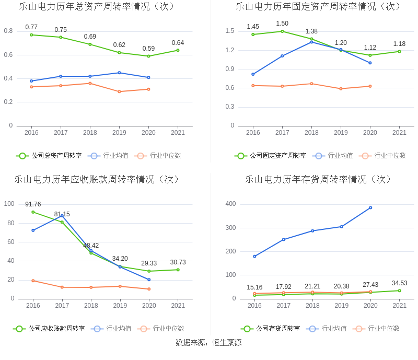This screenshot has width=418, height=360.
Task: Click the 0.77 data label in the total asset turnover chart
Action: (x=31, y=27)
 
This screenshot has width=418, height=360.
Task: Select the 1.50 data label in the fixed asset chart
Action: (x=282, y=24)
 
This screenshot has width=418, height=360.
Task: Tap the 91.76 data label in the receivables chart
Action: (x=33, y=204)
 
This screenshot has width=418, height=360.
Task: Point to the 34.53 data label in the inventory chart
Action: (x=399, y=283)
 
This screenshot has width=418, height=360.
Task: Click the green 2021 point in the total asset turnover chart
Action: (x=178, y=50)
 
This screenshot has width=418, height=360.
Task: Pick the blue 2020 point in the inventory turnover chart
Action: (x=370, y=207)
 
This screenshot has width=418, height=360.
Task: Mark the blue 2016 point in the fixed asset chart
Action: (x=253, y=74)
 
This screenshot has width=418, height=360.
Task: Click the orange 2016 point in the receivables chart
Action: (x=33, y=281)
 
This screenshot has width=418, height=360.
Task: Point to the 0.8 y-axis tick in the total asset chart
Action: (x=8, y=31)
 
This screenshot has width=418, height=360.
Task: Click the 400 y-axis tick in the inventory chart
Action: (x=230, y=204)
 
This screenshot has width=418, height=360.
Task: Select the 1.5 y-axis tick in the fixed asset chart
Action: (x=230, y=31)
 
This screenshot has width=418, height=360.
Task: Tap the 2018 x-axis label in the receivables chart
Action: (x=91, y=306)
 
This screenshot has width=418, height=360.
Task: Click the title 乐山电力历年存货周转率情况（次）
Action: (x=318, y=179)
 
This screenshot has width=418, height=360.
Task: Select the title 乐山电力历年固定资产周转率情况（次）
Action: (x=318, y=6)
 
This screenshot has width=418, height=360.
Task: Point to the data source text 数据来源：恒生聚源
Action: (x=208, y=343)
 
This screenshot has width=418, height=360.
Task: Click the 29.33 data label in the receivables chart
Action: (x=149, y=263)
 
